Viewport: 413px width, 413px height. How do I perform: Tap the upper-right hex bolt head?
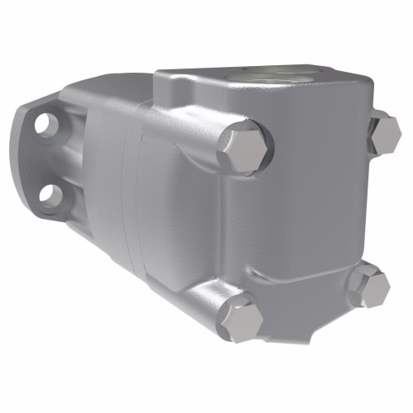click(385, 135)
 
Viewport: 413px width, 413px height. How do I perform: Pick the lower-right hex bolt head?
click(369, 287)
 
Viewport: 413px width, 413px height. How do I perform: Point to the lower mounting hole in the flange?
click(50, 194)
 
